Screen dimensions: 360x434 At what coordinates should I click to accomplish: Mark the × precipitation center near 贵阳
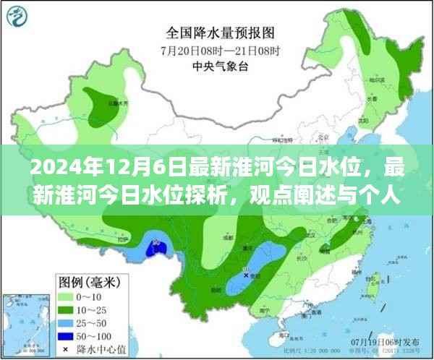[247, 275]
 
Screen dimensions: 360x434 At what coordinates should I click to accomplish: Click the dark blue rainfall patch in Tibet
[154, 249]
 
